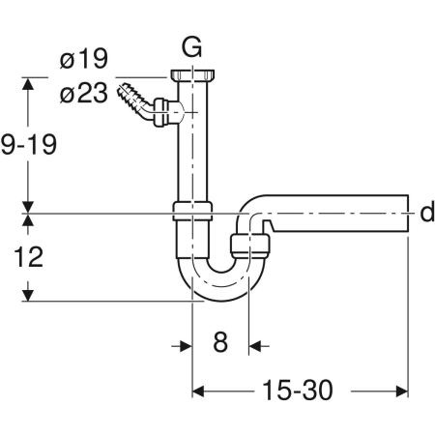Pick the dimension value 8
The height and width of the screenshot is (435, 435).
220,343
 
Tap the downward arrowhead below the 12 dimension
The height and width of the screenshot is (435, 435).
29,293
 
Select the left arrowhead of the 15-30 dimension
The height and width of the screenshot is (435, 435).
199,391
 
